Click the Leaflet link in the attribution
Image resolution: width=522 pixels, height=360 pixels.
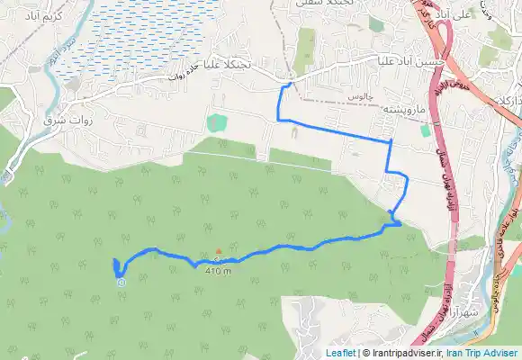point(341,353)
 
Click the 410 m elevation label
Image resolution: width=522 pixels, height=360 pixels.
point(218,270)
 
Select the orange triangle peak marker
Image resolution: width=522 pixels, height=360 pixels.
point(218,251)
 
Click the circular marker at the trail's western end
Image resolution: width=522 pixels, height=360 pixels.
point(121,282)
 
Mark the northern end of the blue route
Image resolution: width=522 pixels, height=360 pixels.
point(290,84)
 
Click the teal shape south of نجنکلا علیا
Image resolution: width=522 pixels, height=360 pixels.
point(215,121)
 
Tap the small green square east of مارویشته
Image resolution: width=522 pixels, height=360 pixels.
point(425,130)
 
